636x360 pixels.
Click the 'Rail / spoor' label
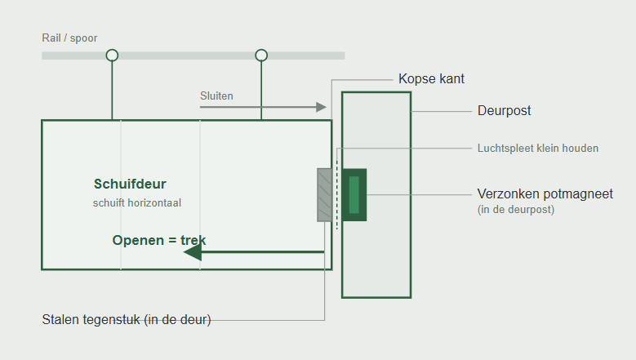pos(69,38)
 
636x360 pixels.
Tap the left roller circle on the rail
pos(112,50)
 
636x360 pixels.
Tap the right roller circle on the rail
pos(261,50)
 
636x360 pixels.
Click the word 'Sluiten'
pos(216,96)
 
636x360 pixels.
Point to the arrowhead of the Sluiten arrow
pos(321,107)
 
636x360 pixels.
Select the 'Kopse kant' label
pos(431,78)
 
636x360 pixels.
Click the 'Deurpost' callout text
pos(505,111)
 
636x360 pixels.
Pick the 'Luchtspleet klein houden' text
pos(538,149)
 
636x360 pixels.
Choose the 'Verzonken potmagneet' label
pos(545,193)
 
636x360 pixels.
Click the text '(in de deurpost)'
pos(516,210)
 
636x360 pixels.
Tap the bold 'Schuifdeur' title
pos(130,184)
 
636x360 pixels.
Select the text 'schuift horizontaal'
pos(137,202)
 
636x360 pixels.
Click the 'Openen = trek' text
pos(159,240)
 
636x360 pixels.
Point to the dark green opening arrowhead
pos(193,252)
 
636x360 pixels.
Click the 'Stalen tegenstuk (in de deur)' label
pos(127,319)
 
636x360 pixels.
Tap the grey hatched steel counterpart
pos(324,195)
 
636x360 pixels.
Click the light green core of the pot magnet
pos(354,194)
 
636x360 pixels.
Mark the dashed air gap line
pos(336,195)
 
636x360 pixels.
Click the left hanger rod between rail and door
pos(112,91)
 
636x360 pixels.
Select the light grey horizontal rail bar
pos(193,56)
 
